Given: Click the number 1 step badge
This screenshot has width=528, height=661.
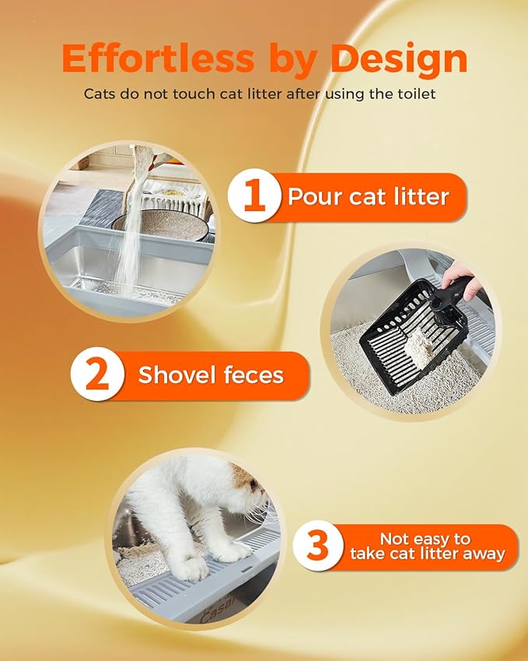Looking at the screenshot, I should click(254, 197).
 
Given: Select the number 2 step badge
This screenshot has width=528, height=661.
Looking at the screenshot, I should click(97, 376).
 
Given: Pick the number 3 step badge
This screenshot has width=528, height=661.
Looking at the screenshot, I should click(318, 547).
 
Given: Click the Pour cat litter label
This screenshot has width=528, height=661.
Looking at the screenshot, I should click(368, 197).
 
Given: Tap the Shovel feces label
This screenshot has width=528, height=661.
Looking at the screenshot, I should click(211, 376).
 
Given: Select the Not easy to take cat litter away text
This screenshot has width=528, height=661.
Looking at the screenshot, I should click(427, 547).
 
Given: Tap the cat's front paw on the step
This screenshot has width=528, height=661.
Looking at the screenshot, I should click(187, 568).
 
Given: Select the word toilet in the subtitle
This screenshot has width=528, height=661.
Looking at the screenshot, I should click(420, 94).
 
